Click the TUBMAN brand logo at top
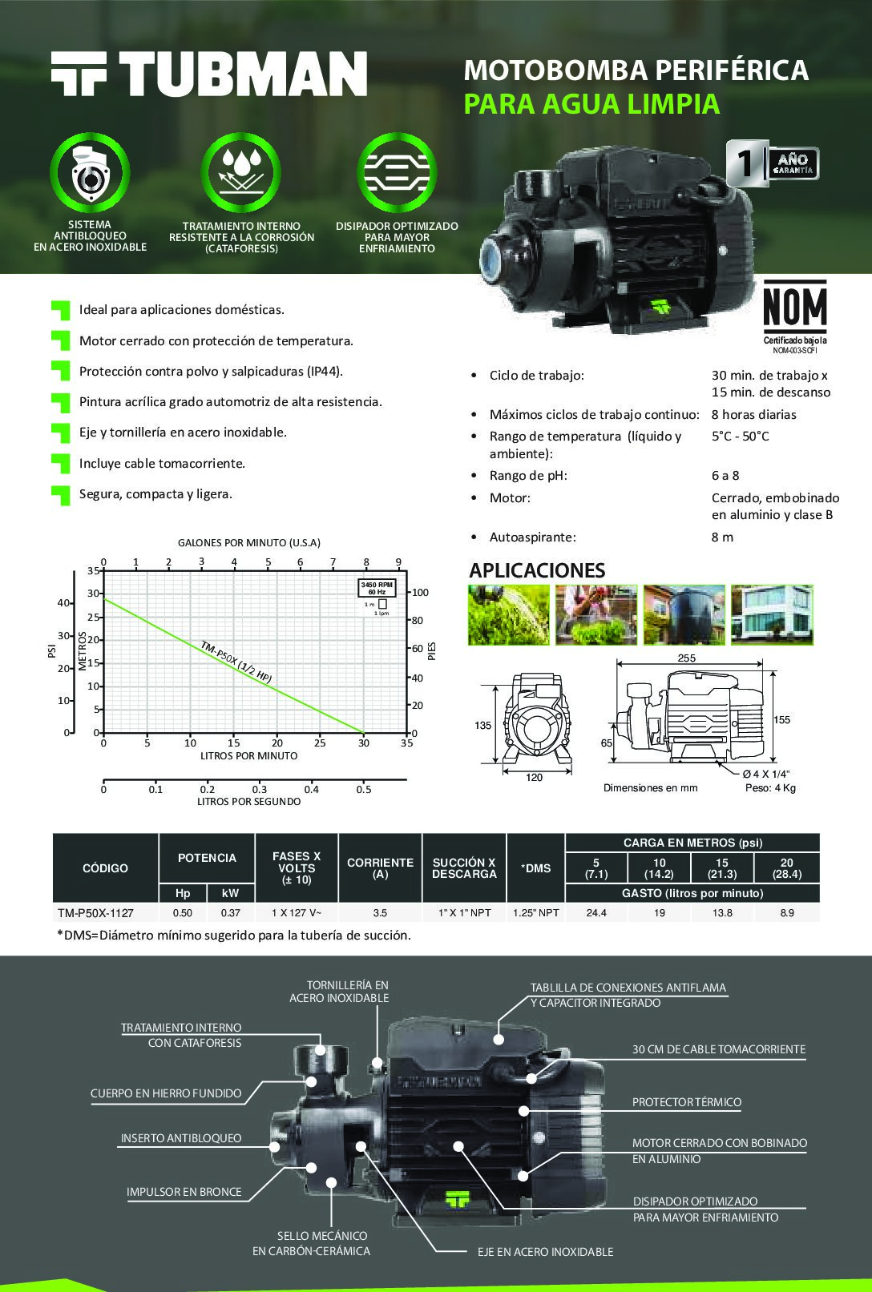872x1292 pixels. point(209,74)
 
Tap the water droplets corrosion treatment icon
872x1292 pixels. point(241,172)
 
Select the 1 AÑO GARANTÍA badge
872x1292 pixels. point(772,163)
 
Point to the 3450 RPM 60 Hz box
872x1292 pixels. point(377,588)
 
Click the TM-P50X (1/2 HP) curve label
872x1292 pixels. point(236,662)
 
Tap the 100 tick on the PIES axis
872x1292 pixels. point(420,593)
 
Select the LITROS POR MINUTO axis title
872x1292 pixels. point(248,755)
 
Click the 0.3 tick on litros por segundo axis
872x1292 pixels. point(259,789)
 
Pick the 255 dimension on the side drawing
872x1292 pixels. point(686,658)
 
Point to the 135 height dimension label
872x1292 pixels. point(483,725)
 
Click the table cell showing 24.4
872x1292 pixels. point(596,913)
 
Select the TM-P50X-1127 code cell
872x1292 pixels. point(96,913)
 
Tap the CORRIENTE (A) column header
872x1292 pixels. point(381,868)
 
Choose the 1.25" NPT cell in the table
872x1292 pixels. point(536,913)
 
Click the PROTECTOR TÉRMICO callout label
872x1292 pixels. point(687,1102)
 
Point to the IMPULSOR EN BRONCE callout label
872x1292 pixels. point(184,1192)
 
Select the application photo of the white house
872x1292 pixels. point(772,614)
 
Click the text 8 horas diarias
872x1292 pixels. point(753,415)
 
